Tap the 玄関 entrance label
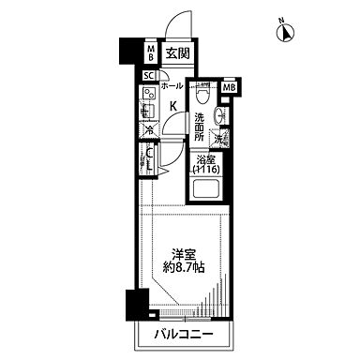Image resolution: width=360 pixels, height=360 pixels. coord(177,53)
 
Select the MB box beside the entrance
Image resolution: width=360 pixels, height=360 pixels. coord(150,53)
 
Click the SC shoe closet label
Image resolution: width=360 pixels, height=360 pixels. coord(148,77)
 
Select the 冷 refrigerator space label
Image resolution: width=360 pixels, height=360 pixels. coord(148,132)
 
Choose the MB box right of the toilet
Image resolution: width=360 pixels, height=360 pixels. coord(230,89)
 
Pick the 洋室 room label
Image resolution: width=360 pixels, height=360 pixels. coord(184,252)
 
